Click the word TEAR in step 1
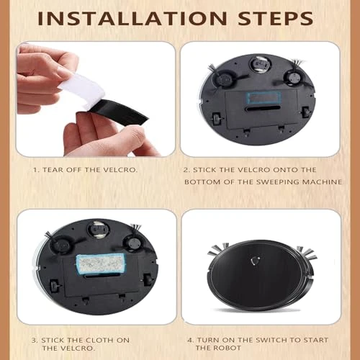coord(50,171)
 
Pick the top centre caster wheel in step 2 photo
coord(257,65)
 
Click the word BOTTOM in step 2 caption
coord(207,181)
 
